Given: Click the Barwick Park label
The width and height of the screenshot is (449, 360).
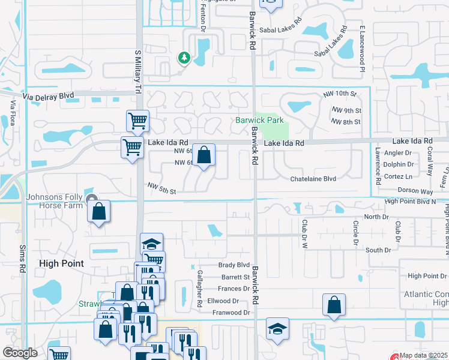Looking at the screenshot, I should tap(259, 120).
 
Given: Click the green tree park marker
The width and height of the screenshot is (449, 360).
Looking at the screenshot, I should tap(184, 58).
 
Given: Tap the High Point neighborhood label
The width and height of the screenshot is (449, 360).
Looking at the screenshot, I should tap(61, 263).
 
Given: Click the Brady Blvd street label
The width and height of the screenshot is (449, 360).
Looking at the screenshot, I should tap(234, 265).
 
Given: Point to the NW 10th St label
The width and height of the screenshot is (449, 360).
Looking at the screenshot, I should tap(339, 94).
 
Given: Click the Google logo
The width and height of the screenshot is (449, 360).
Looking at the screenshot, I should tap(21, 353).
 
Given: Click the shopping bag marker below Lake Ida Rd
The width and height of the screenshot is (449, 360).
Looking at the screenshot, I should tap(203, 156).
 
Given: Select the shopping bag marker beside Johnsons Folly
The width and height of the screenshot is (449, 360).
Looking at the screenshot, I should tap(98, 212).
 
